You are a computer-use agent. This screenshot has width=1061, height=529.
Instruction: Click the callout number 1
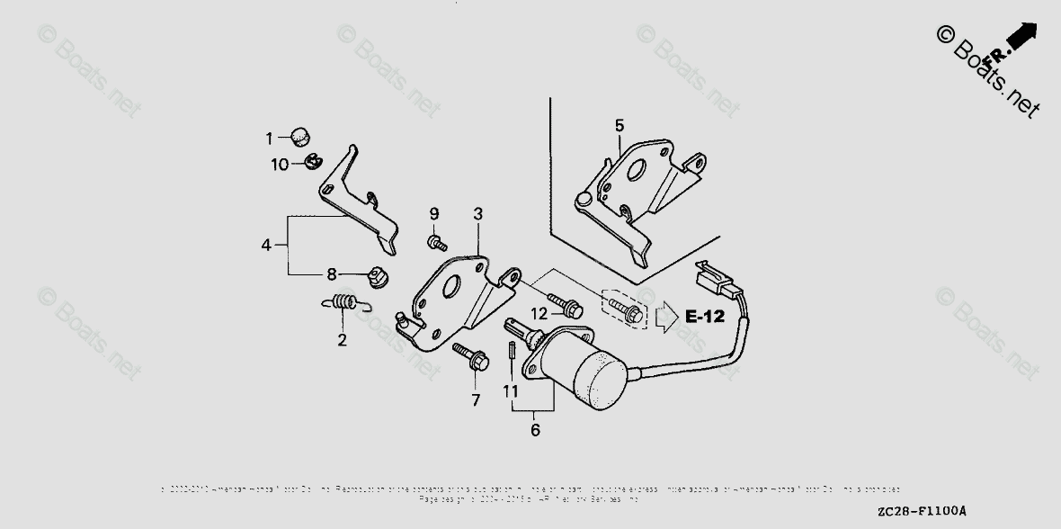click(x=268, y=139)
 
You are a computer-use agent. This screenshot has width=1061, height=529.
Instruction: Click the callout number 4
click(x=266, y=244)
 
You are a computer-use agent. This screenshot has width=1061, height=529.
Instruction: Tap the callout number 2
click(x=342, y=340)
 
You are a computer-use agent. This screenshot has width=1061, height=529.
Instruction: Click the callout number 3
click(x=477, y=214)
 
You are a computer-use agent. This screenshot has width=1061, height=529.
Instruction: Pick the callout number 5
click(x=619, y=125)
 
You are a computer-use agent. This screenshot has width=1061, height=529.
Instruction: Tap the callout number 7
click(x=476, y=400)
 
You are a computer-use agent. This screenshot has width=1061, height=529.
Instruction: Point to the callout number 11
click(x=511, y=391)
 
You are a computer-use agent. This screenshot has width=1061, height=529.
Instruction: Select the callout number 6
click(x=535, y=430)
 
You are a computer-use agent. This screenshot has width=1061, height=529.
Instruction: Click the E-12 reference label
click(x=704, y=316)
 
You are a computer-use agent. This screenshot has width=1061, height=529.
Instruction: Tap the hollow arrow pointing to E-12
click(x=665, y=316)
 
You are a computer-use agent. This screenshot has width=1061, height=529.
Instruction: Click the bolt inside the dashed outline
click(x=626, y=311)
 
